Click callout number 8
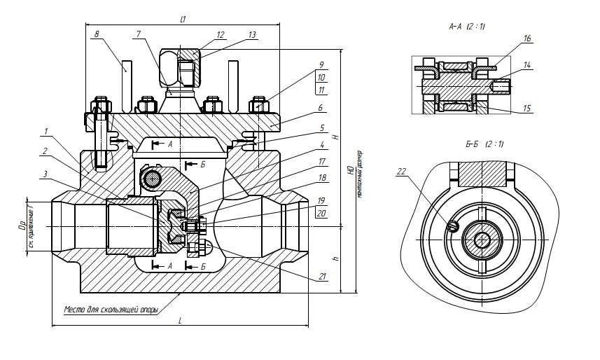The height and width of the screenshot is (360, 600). [97, 33]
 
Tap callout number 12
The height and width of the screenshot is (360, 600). [220, 34]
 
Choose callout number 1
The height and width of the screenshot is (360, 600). [45, 131]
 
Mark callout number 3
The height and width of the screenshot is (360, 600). [45, 174]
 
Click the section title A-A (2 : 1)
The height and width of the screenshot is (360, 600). [468, 26]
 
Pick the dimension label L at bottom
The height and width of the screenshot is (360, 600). [180, 320]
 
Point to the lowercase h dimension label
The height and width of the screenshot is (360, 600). [337, 258]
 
